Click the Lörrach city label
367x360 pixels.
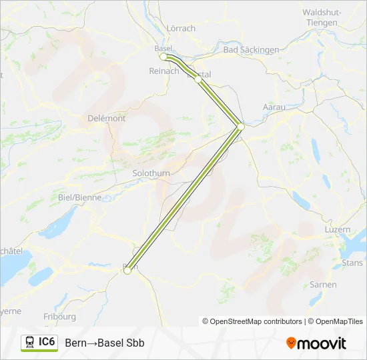(x=181, y=29)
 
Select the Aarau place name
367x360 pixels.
(x=274, y=107)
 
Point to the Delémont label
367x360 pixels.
(x=107, y=118)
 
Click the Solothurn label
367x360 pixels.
(x=151, y=173)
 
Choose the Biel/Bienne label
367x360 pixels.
(x=80, y=197)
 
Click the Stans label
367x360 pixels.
(x=352, y=263)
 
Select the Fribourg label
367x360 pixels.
(x=59, y=317)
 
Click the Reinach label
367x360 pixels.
(x=164, y=71)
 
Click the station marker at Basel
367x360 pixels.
(x=163, y=57)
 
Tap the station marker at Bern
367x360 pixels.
(x=127, y=271)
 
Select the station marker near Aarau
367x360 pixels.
(x=241, y=126)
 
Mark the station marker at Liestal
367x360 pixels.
(x=198, y=79)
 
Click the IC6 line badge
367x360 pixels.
(x=39, y=343)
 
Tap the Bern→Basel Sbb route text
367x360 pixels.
(x=105, y=343)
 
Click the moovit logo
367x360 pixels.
(x=316, y=343)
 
